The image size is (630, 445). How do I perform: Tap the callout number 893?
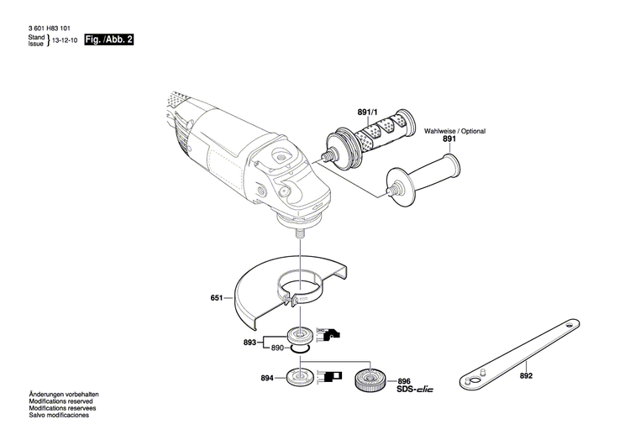click(x=249, y=343)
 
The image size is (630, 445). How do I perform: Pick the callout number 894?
click(x=267, y=380)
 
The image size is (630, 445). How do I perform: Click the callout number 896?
click(x=404, y=380)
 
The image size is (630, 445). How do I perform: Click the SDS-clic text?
click(x=413, y=390)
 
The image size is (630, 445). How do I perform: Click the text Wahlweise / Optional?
click(x=454, y=132)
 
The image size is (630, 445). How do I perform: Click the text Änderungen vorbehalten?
click(x=64, y=395)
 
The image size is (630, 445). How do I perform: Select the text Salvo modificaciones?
click(x=59, y=416)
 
